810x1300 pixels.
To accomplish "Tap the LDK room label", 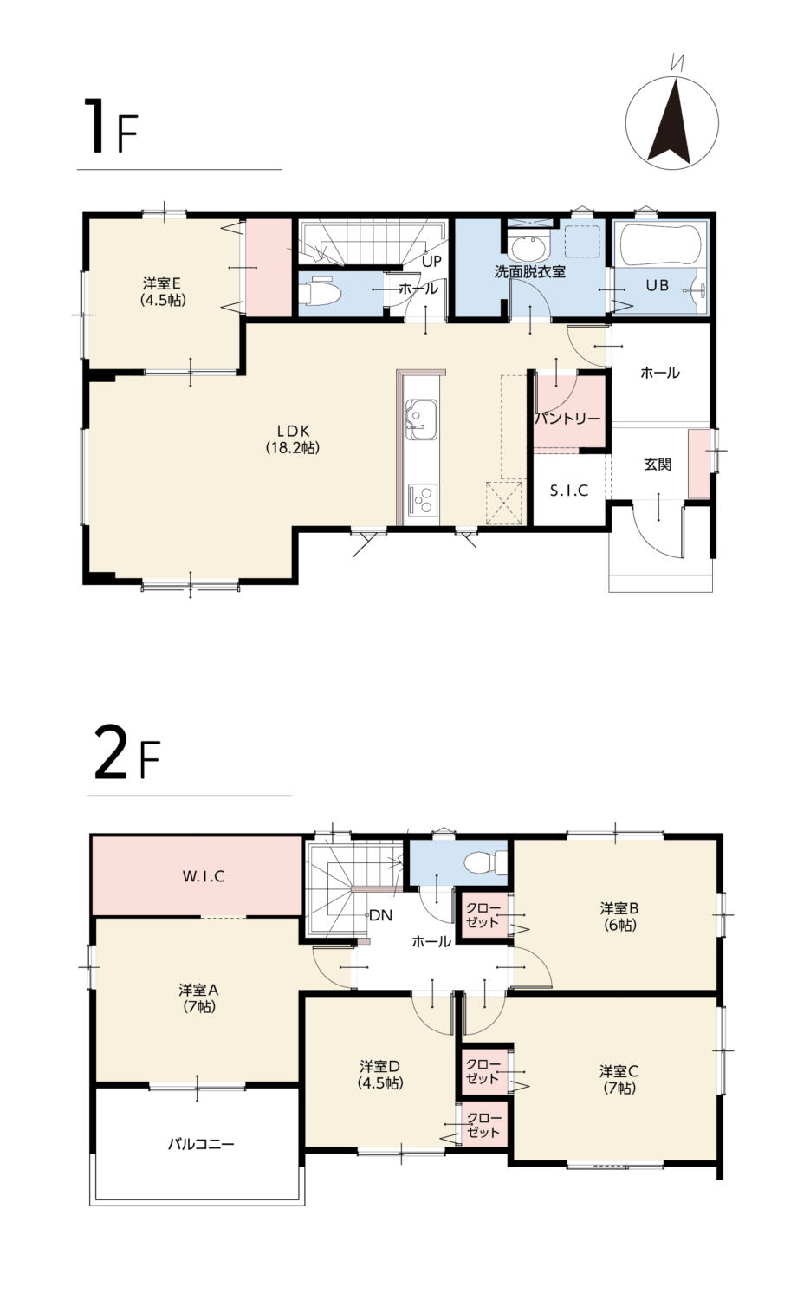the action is (x=293, y=439).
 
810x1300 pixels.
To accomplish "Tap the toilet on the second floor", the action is (x=486, y=862).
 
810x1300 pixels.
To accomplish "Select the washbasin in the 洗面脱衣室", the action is (x=529, y=248).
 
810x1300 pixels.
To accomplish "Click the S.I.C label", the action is (x=569, y=491).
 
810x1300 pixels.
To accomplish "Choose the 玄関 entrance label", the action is (x=658, y=465).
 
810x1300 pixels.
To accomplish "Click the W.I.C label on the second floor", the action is (x=204, y=876).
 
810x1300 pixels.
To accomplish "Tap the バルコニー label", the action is (x=201, y=1144).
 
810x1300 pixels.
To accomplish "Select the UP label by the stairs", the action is (x=431, y=262).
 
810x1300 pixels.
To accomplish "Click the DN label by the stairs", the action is (x=381, y=915).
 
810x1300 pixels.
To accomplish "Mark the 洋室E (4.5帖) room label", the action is (x=163, y=291).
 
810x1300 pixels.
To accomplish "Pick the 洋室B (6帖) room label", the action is (x=619, y=916).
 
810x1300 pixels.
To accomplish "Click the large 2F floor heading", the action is (x=126, y=759).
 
